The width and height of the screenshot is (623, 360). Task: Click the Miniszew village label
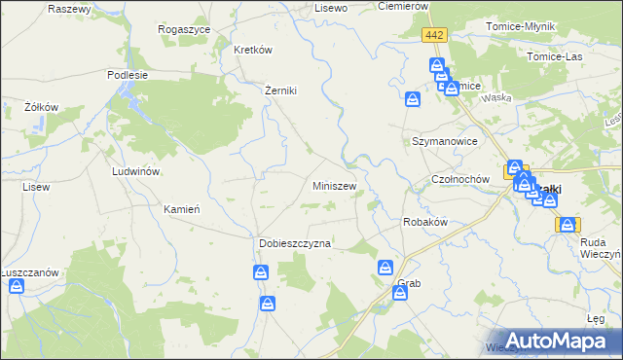click(334, 185)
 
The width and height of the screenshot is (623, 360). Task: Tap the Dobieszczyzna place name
click(295, 243)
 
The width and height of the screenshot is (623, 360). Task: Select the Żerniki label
click(280, 90)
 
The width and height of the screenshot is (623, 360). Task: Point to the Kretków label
click(252, 49)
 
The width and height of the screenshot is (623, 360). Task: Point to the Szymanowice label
click(444, 141)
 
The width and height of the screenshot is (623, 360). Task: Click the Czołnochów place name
click(458, 180)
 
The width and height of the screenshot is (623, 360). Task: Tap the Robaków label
click(424, 222)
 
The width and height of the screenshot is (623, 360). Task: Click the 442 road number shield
click(434, 35)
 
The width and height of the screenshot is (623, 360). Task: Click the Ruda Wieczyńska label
click(593, 250)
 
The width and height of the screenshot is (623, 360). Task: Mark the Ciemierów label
click(403, 6)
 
